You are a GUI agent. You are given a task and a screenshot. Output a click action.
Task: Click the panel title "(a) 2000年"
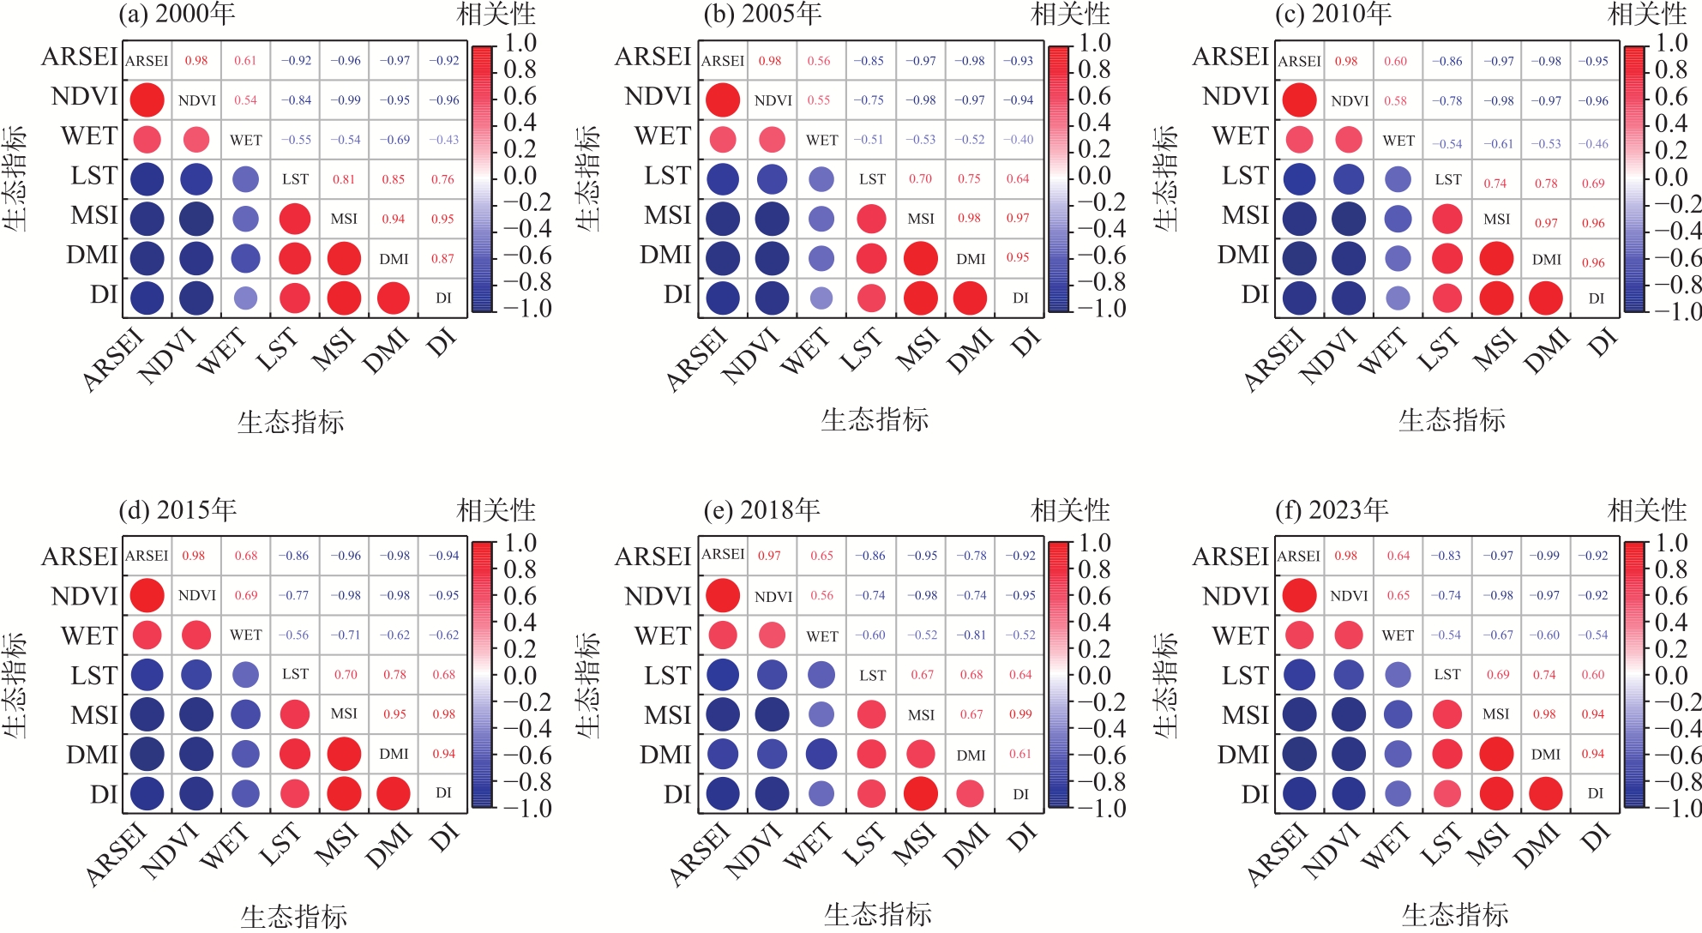(177, 15)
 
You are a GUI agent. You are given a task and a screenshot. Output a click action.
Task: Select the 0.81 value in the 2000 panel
(344, 179)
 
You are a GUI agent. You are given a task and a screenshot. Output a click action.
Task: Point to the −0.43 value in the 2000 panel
(443, 140)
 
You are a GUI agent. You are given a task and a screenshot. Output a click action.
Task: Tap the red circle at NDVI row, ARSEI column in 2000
(147, 100)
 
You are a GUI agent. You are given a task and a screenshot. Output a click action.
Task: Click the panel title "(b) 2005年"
(762, 15)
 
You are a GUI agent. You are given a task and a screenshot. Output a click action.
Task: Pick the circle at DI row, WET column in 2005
(821, 298)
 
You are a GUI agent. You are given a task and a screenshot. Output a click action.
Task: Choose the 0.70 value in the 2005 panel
(920, 179)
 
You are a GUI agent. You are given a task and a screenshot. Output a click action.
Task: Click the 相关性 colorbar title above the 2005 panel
(1070, 15)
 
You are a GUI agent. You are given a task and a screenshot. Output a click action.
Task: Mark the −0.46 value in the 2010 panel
(1593, 144)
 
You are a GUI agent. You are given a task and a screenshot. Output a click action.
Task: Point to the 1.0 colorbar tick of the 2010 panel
(1672, 43)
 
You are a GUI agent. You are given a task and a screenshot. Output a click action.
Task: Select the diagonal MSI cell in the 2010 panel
(1497, 220)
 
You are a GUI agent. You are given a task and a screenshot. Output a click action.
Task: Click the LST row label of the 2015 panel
(93, 676)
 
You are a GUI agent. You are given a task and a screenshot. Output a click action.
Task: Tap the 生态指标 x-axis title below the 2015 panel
(293, 916)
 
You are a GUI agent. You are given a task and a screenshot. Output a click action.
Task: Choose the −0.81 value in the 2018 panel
(971, 635)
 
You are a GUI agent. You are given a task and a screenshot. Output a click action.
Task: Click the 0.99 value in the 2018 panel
(1020, 714)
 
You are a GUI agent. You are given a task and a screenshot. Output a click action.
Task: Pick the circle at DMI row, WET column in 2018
(821, 754)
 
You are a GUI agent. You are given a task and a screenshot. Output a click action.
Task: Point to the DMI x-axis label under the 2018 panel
(967, 846)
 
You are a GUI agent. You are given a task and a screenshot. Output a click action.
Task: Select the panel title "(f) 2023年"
(1332, 511)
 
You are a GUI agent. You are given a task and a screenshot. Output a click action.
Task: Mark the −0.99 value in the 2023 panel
(1544, 556)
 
